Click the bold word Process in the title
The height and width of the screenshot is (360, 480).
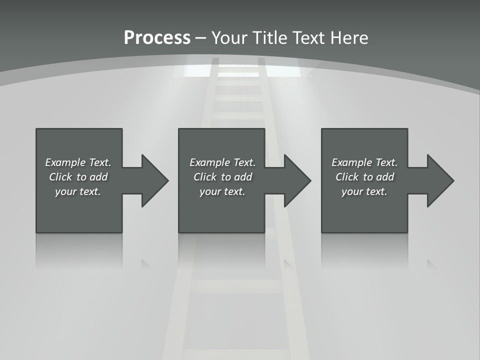coord(157,38)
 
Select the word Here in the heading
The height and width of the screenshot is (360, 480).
coord(349,38)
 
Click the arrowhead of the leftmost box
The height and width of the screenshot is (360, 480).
coord(154,180)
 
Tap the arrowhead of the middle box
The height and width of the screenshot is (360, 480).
coord(296,180)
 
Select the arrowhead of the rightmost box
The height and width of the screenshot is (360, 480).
coord(439,180)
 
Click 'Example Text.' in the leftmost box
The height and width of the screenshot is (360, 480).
coord(78,162)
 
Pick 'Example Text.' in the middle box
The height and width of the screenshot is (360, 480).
coord(222,162)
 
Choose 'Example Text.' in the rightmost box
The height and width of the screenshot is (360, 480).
coord(364,162)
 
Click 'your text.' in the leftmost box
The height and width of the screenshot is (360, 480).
coord(78,191)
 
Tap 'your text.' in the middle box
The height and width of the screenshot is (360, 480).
coord(222,191)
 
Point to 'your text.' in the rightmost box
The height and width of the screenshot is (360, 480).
coord(364,191)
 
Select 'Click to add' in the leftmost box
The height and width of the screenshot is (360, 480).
coord(78,177)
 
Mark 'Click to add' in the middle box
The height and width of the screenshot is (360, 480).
coord(222,177)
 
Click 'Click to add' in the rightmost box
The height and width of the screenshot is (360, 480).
coord(364,177)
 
